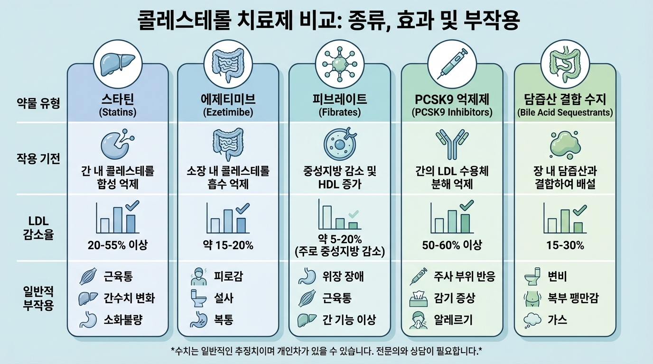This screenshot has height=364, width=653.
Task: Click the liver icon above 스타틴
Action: click(117, 62)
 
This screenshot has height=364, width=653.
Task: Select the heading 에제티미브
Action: click(229, 100)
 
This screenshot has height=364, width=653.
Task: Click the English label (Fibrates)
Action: click(339, 113)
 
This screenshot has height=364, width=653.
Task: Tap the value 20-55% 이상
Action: click(118, 245)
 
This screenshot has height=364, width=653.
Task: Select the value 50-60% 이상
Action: click(452, 245)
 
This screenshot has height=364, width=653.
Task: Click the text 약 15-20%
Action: click(229, 245)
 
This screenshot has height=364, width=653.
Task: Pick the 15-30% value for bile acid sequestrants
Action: click(565, 245)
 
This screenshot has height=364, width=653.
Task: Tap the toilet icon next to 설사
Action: click(197, 298)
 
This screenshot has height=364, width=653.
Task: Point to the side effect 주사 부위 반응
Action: click(464, 276)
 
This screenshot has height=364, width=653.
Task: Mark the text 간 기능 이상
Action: click(349, 320)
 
